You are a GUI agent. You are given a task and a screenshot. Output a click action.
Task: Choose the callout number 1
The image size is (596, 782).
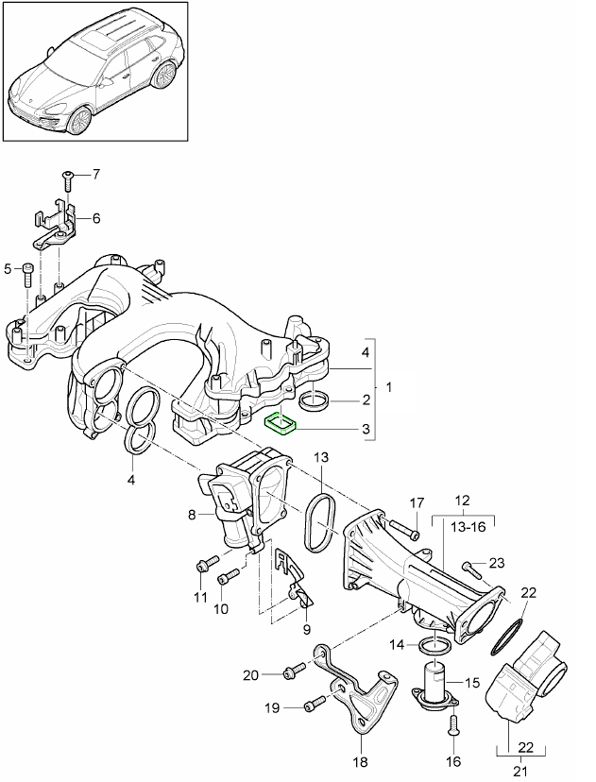(386, 388)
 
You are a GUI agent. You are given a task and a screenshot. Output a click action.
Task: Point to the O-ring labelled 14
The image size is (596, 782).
(435, 647)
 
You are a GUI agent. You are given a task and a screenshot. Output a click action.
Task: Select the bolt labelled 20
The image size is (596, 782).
(290, 672)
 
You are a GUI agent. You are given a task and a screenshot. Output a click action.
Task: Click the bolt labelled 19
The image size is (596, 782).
(314, 704)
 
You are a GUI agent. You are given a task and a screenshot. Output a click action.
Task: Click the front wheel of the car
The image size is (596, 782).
(80, 119)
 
